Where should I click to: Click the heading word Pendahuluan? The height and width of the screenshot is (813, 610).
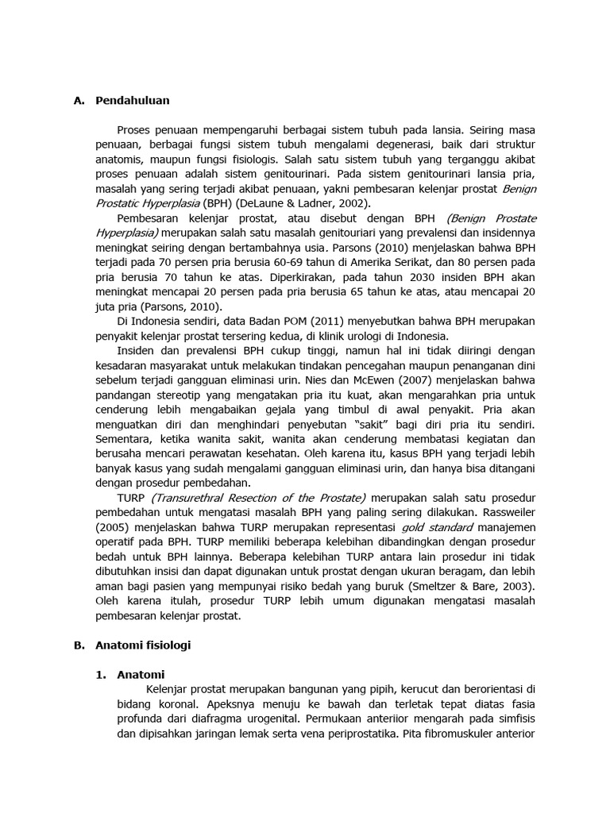click(132, 101)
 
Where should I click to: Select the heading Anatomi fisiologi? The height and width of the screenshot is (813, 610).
click(143, 645)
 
